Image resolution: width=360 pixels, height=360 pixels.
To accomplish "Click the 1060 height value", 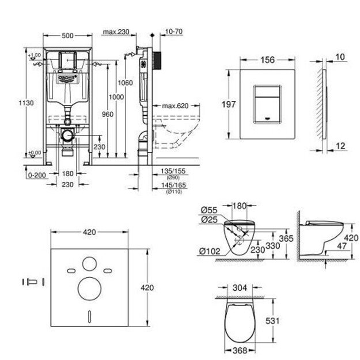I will (128, 82).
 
